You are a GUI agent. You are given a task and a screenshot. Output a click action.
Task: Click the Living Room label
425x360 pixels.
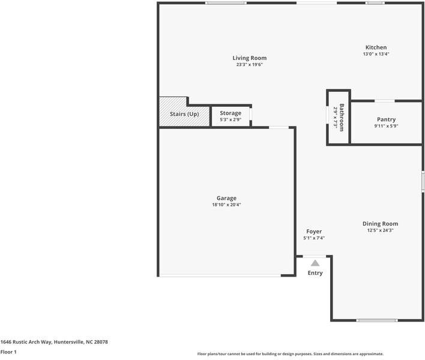pyautogui.click(x=250, y=58)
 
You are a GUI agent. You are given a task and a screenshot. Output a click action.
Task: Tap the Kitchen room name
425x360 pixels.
pyautogui.click(x=376, y=47)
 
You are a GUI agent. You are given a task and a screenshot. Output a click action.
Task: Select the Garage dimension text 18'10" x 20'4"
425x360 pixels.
pyautogui.click(x=226, y=205)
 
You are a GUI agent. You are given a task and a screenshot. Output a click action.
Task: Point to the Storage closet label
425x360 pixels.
pyautogui.click(x=231, y=113)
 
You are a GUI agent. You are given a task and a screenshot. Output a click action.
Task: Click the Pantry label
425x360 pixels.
pyautogui.click(x=386, y=119)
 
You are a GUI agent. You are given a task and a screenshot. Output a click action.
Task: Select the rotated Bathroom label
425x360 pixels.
pyautogui.click(x=342, y=118)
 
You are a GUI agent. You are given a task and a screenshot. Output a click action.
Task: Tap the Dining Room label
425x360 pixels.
pyautogui.click(x=380, y=224)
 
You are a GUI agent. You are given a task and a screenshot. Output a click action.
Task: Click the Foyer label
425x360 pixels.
pyautogui.click(x=314, y=232)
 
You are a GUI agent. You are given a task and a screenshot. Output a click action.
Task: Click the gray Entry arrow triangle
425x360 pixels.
pyautogui.click(x=315, y=262)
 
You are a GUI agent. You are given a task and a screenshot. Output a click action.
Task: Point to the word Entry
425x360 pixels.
pyautogui.click(x=315, y=273)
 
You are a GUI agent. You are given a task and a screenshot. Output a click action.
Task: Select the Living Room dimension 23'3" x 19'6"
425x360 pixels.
pyautogui.click(x=250, y=65)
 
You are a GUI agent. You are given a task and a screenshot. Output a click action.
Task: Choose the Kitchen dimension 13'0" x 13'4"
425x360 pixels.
pyautogui.click(x=376, y=54)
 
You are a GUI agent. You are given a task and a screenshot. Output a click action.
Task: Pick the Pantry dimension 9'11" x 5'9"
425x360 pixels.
pyautogui.click(x=386, y=126)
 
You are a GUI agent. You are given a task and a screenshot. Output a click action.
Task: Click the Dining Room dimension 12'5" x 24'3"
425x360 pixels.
pyautogui.click(x=380, y=230)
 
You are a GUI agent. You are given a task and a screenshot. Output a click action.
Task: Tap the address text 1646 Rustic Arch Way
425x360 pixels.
pyautogui.click(x=54, y=342)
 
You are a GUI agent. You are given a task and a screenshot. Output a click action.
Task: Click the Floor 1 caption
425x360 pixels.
pyautogui.click(x=8, y=352)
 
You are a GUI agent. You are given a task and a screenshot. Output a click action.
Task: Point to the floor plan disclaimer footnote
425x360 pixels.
pyautogui.click(x=290, y=354)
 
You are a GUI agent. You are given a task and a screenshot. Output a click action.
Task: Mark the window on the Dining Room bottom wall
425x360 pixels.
pyautogui.click(x=376, y=320)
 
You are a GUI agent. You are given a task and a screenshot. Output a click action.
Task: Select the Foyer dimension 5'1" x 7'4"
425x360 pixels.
pyautogui.click(x=314, y=238)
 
